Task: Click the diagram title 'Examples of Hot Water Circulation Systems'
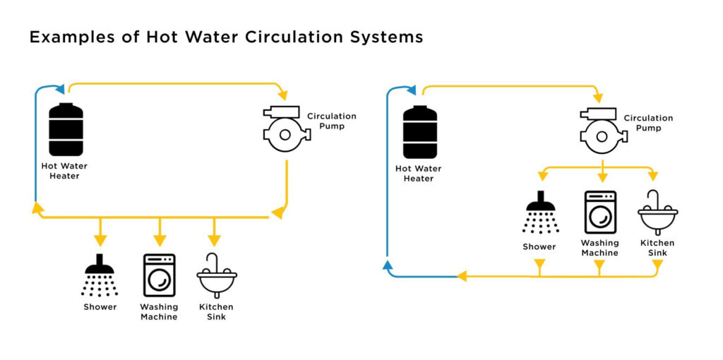[x=226, y=37]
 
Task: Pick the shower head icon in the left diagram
[x=100, y=275]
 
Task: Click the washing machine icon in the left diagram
[x=159, y=275]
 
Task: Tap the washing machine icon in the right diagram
[x=599, y=212]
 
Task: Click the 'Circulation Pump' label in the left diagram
[x=331, y=121]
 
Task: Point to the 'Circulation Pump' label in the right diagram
[x=648, y=123]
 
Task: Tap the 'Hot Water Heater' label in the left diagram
[x=64, y=171]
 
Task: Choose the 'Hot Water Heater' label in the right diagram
[x=418, y=174]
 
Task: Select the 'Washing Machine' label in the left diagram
[x=159, y=311]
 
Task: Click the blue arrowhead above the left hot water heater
[x=59, y=89]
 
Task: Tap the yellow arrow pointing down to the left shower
[x=100, y=233]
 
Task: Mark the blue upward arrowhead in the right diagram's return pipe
[x=387, y=265]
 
